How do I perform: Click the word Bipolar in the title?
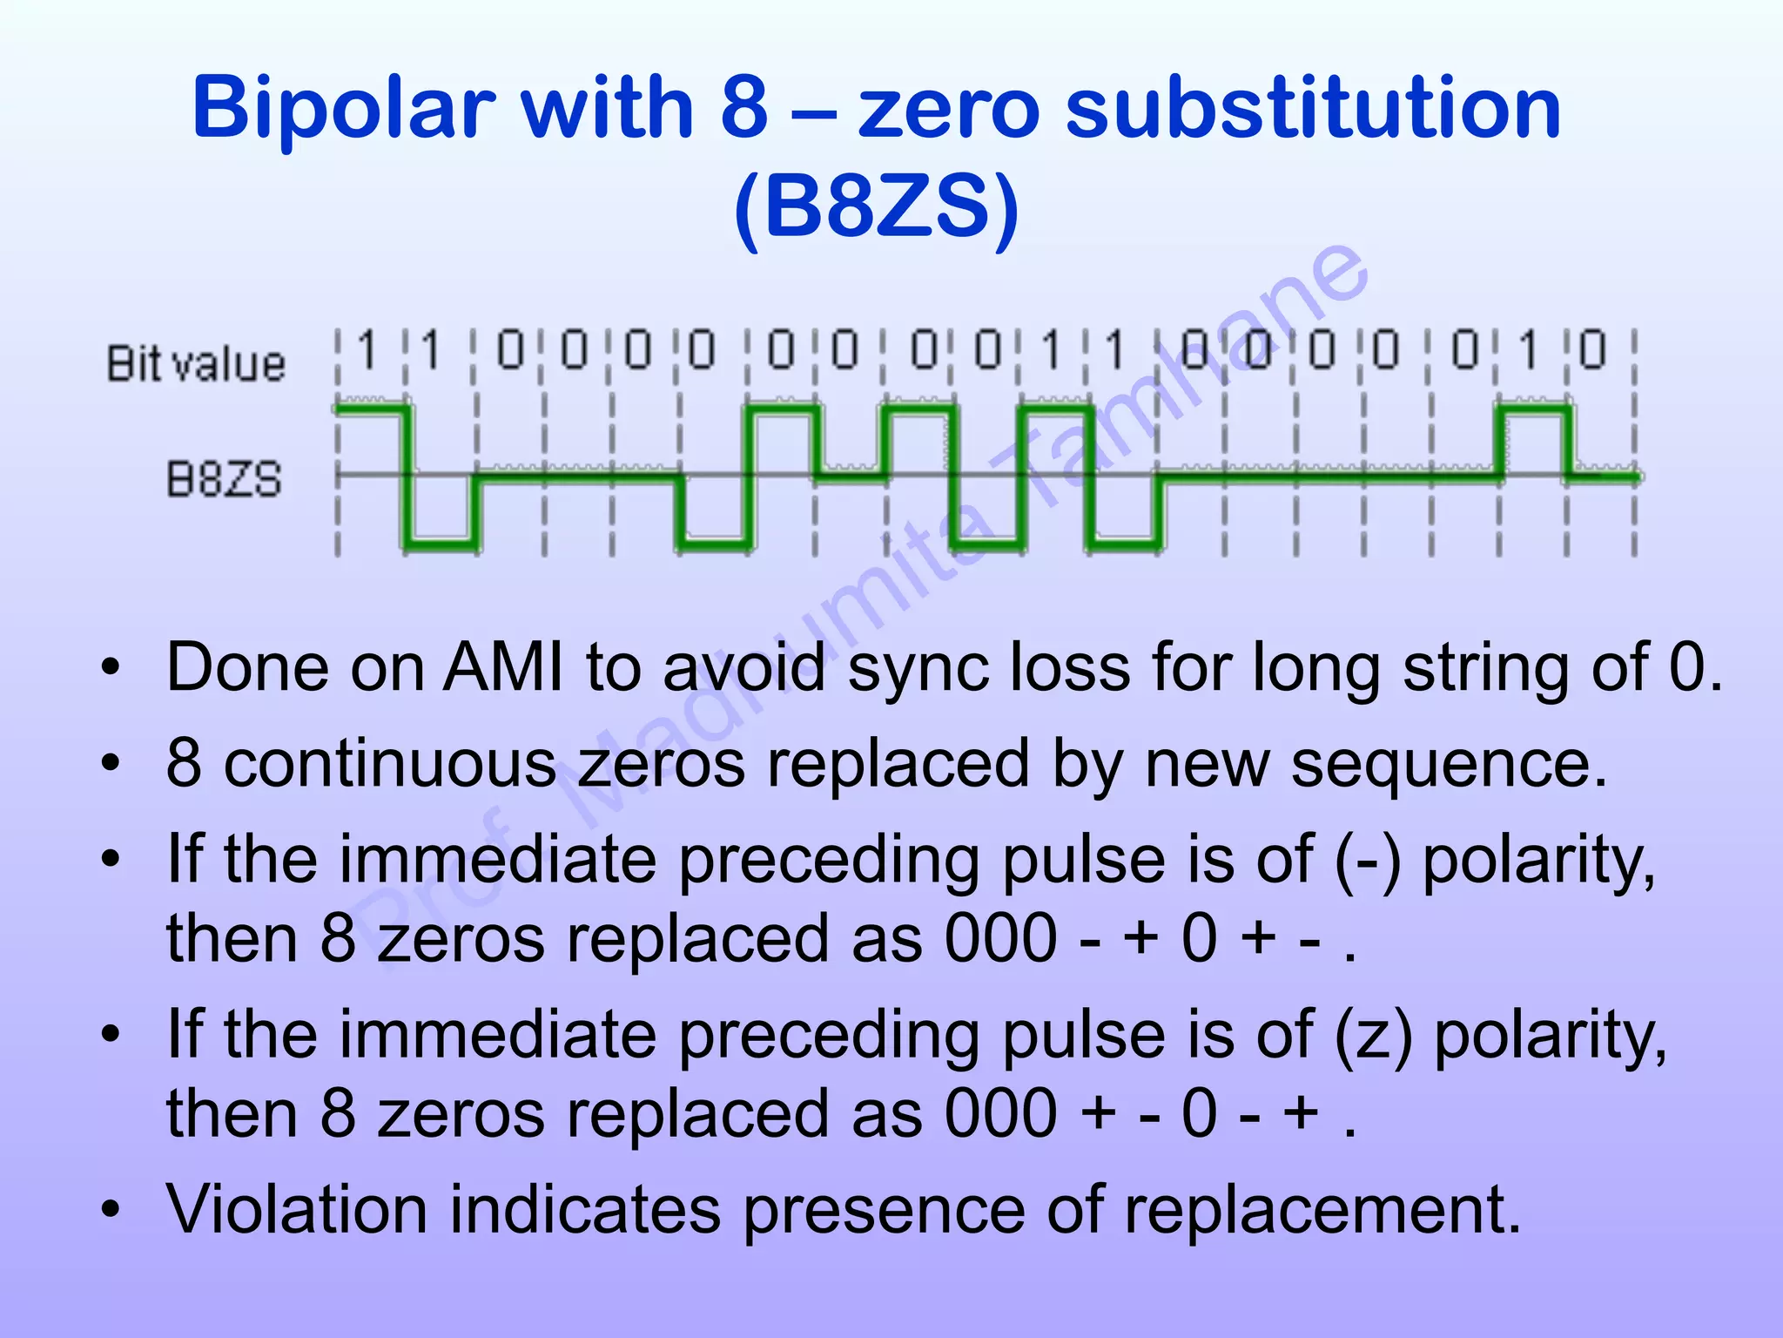coord(343,109)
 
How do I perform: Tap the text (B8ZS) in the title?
coord(876,207)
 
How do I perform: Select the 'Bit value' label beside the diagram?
coord(196,363)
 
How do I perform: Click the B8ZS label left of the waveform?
coord(224,480)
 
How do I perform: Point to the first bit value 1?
coord(367,350)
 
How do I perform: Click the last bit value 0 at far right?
coord(1592,350)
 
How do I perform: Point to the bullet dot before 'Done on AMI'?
coord(110,668)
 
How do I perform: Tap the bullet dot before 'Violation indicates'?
coord(110,1210)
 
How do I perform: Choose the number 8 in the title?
coord(744,109)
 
